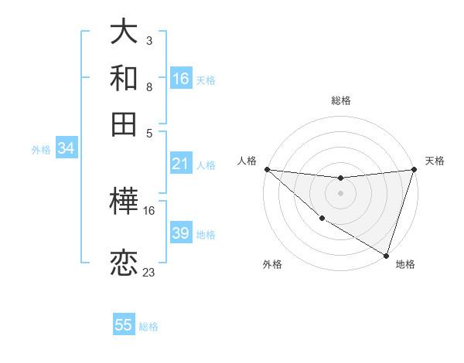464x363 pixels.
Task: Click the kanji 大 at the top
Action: pos(124,32)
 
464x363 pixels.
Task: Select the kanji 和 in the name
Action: pos(124,77)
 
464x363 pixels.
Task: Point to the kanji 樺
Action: pos(124,203)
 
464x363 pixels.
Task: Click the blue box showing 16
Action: pos(181,78)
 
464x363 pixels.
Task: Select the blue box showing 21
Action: pos(181,164)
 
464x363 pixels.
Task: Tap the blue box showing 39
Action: pos(181,233)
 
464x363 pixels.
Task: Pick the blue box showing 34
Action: pos(66,149)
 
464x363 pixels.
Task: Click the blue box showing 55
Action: pos(124,325)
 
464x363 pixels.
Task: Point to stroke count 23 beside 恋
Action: pos(149,273)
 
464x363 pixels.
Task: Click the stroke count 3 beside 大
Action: pos(148,40)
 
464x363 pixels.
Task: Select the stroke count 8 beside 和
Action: pos(148,87)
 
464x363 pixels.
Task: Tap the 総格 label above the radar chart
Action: pos(341,101)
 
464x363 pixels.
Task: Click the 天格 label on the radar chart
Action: pos(435,161)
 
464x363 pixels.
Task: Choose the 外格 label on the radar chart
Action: pos(272,264)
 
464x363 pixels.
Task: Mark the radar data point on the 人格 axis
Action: pos(267,169)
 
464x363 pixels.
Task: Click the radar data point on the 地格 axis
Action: pos(387,255)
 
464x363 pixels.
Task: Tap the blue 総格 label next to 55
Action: pos(148,326)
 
